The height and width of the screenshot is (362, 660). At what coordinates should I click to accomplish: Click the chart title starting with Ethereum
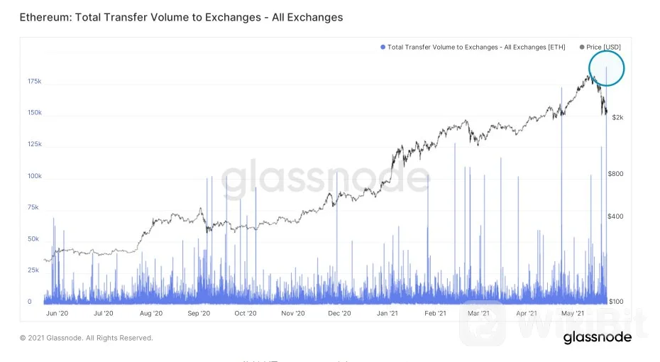182,17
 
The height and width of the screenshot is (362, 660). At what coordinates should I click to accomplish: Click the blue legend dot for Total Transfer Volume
383,47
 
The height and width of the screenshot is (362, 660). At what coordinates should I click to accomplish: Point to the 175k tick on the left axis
34,82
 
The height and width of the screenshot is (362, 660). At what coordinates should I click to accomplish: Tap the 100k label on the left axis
34,176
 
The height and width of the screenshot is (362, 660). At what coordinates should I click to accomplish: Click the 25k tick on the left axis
34,270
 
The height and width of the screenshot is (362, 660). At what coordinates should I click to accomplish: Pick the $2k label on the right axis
618,117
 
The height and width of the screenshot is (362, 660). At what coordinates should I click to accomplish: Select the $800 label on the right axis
617,174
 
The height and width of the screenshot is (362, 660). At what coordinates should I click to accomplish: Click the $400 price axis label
617,216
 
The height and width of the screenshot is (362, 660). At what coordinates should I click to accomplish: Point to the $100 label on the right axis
617,302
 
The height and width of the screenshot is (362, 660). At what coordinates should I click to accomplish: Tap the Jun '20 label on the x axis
56,313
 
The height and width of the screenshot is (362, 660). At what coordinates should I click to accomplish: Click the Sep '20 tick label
199,313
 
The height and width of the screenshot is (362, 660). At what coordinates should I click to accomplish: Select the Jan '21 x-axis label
387,313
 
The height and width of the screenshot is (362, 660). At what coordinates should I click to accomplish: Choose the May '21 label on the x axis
573,313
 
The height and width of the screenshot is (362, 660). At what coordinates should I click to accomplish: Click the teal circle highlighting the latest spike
606,68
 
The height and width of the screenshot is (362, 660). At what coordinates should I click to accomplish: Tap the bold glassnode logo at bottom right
598,338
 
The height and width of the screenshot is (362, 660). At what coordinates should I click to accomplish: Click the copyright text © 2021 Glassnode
86,338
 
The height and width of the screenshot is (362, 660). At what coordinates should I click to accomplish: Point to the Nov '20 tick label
292,313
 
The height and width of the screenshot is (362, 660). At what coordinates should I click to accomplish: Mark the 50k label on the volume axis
34,239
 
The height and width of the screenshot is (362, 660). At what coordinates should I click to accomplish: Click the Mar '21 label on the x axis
479,313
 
